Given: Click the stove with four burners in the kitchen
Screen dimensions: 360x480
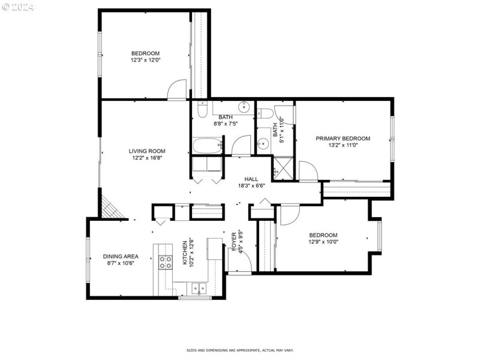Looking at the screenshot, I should point(165,262).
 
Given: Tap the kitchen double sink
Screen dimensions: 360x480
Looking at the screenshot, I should point(198,289).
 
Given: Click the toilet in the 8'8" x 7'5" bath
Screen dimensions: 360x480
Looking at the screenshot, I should point(202,109).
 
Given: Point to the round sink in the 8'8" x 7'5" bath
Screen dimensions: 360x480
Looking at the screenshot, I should point(244,107).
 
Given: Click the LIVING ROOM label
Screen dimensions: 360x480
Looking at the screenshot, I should point(147,151).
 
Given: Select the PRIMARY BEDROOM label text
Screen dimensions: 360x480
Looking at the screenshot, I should point(343,138).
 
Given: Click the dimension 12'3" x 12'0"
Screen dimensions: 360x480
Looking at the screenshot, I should point(146,60).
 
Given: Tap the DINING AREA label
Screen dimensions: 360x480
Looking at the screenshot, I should point(121,256).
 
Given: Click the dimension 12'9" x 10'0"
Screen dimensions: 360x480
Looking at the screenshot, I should point(323,242).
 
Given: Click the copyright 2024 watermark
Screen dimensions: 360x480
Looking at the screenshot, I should point(19,7).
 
